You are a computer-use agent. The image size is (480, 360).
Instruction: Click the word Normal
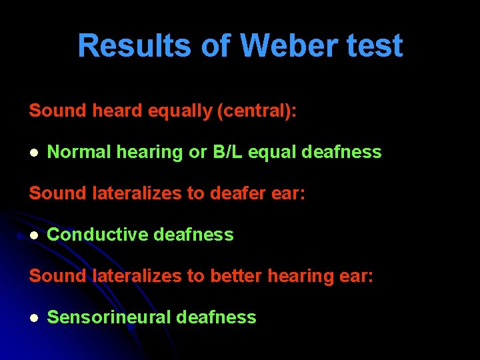(x=80, y=152)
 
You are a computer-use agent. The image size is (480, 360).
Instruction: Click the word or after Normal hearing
(x=198, y=152)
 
